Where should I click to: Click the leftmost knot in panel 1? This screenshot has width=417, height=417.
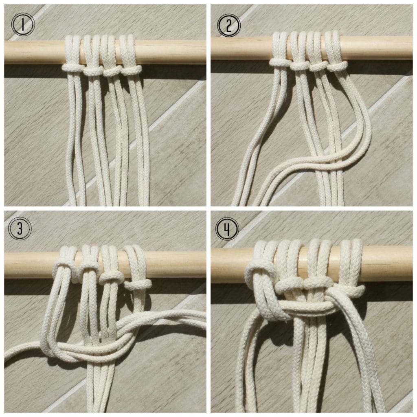(72, 67)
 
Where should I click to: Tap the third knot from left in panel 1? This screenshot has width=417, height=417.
(112, 71)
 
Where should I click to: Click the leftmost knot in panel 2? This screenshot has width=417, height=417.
(278, 62)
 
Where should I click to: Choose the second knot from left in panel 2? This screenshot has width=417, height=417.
(299, 65)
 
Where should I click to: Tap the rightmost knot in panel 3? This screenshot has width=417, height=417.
(136, 283)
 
